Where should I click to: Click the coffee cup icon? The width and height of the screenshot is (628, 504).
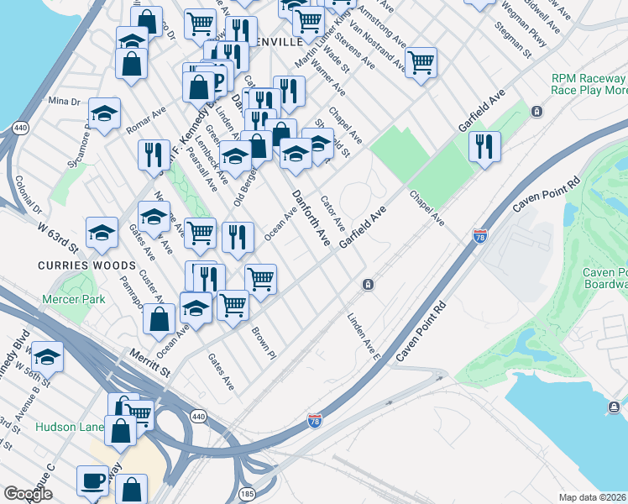(x=92, y=480)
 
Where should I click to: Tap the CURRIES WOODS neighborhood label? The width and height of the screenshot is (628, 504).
(x=73, y=265)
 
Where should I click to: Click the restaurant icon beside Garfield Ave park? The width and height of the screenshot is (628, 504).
(x=485, y=146)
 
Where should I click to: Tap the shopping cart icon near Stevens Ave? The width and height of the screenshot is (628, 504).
(x=421, y=61)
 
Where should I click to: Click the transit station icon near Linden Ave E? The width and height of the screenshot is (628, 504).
(x=368, y=285)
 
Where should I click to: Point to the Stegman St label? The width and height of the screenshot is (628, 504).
(x=512, y=39)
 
